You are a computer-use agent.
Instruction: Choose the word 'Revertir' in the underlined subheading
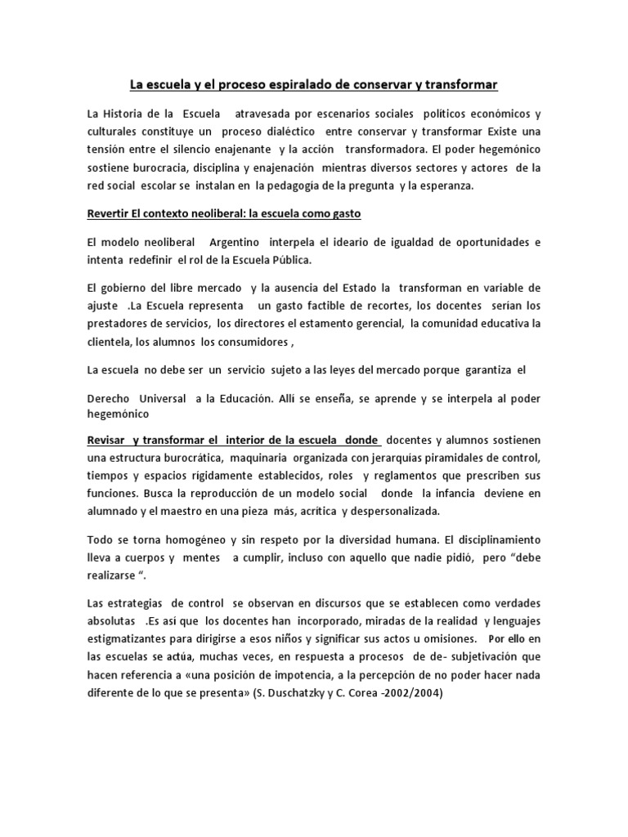pos(111,213)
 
